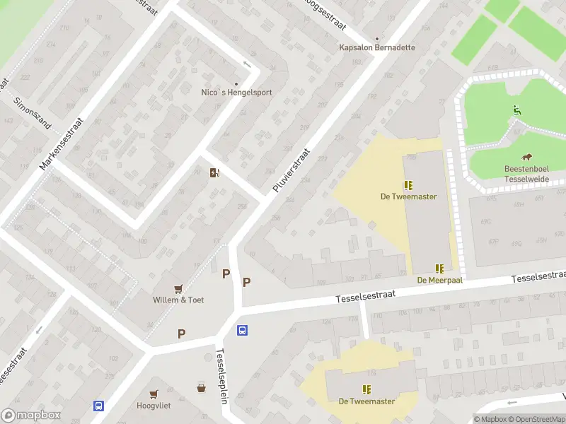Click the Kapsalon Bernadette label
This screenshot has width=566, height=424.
tap(376, 47)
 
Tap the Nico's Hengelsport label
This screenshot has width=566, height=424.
tap(236, 92)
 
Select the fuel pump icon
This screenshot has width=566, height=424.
tap(214, 172)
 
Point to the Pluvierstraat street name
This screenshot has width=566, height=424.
tap(291, 170)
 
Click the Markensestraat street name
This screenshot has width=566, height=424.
tap(62, 143)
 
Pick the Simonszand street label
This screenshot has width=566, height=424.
tap(33, 112)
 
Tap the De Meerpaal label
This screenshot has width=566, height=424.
tap(439, 280)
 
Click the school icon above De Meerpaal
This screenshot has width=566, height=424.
tap(439, 268)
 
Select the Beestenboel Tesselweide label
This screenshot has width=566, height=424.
tap(527, 175)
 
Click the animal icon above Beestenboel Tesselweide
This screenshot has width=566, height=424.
tap(527, 157)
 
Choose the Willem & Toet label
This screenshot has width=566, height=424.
tap(178, 300)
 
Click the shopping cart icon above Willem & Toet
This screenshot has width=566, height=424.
tap(178, 288)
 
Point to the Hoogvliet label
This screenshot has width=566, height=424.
tap(154, 406)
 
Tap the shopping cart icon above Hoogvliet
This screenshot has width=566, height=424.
tap(154, 394)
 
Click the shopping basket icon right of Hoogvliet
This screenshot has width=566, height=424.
tap(202, 387)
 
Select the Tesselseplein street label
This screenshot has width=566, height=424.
tap(221, 376)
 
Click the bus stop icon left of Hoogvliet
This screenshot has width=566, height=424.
tap(98, 406)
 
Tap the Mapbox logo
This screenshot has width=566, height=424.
tap(30, 416)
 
